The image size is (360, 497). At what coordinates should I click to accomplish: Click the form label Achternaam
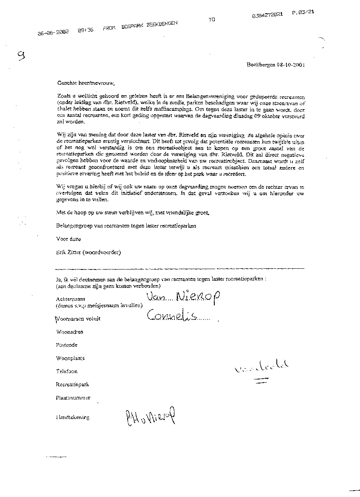(71, 299)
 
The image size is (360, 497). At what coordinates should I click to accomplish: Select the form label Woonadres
(70, 332)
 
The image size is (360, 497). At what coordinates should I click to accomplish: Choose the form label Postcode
(67, 345)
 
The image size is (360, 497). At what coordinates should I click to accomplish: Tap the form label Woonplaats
(70, 358)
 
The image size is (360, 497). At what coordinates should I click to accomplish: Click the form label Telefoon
(67, 371)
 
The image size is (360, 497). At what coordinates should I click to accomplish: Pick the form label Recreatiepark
(72, 384)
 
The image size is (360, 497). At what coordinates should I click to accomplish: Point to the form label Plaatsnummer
(73, 398)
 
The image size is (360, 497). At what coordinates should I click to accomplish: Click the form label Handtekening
(72, 417)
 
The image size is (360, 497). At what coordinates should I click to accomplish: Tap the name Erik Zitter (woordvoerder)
(88, 252)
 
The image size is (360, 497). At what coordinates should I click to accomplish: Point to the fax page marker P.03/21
(303, 12)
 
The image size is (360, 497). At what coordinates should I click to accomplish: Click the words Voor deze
(68, 239)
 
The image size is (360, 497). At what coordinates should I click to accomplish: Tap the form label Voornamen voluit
(78, 319)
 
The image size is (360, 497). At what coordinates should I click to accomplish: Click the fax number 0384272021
(268, 15)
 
